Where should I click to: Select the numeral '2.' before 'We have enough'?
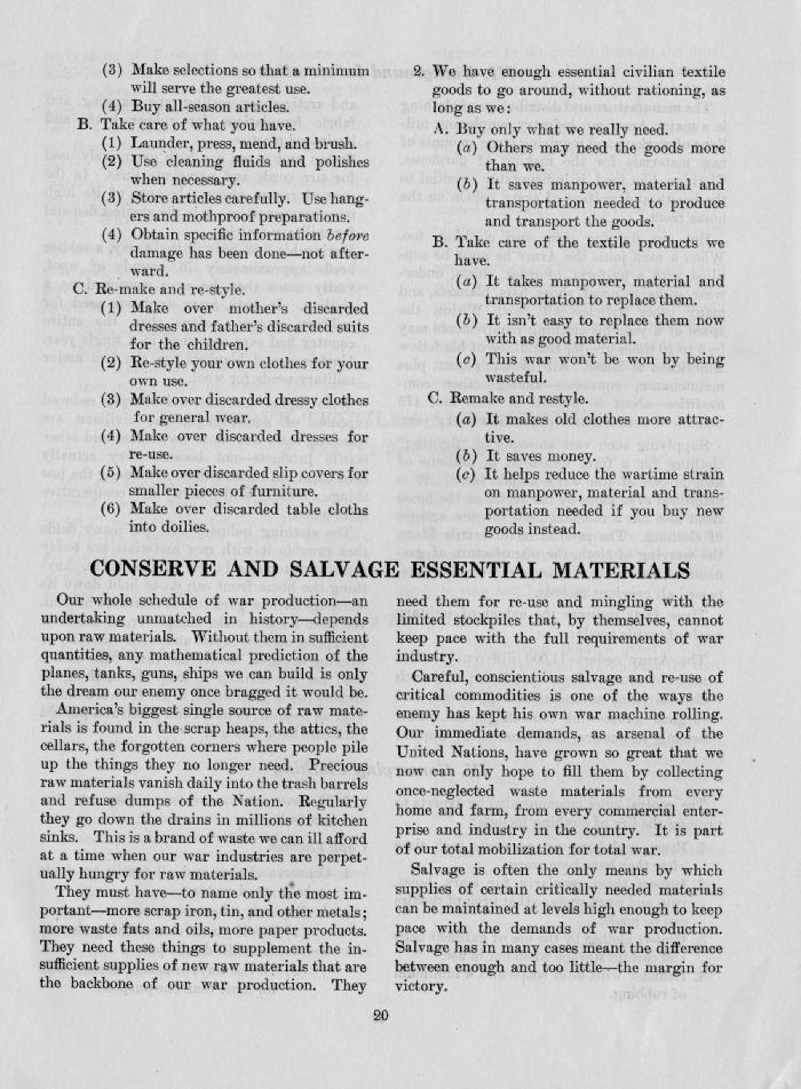coord(418,71)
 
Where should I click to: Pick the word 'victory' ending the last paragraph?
coord(420,987)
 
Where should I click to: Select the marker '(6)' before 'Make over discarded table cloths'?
coord(113,509)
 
